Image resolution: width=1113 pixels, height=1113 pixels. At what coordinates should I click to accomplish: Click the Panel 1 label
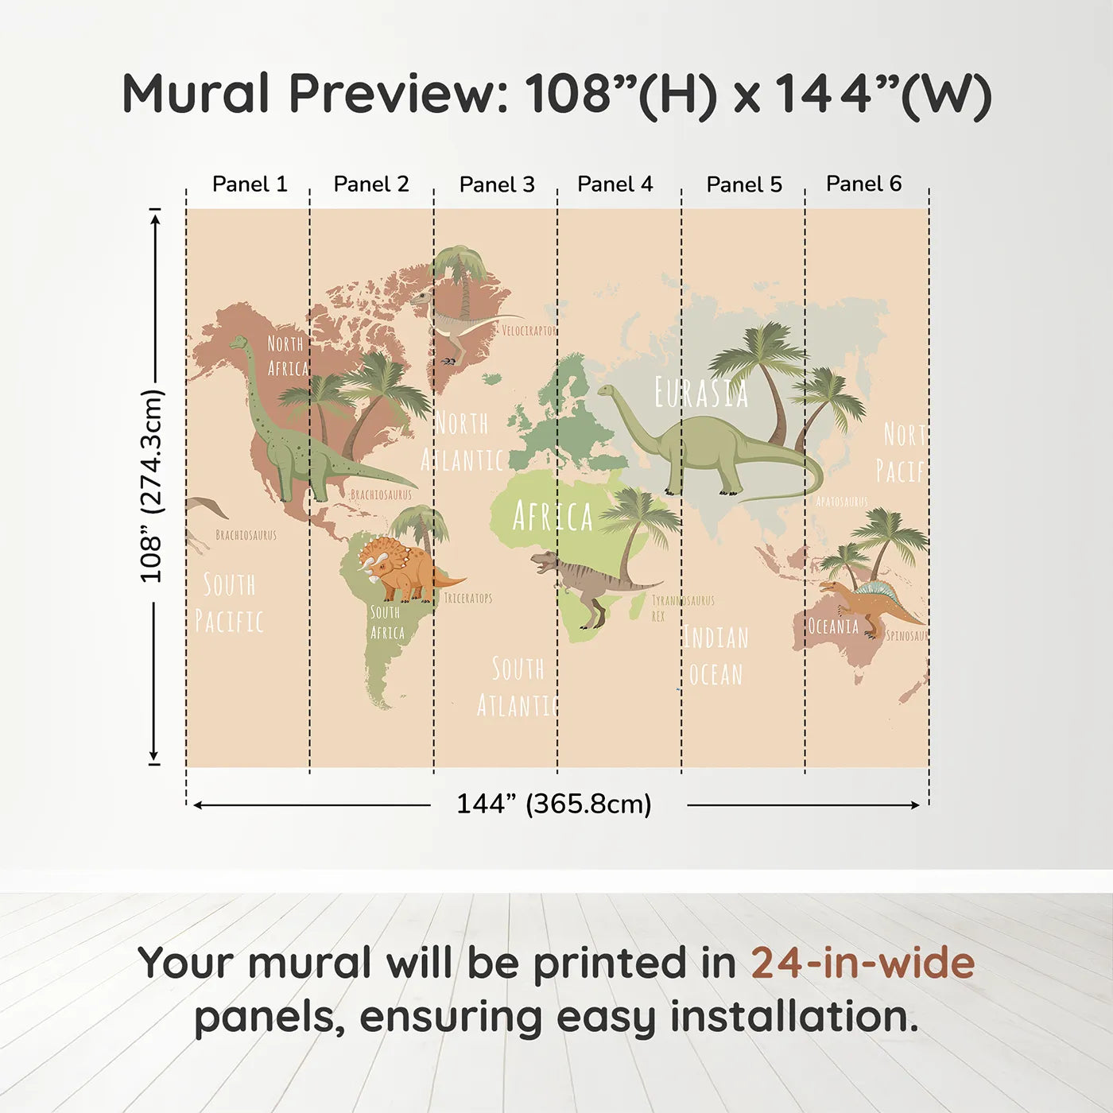tap(250, 184)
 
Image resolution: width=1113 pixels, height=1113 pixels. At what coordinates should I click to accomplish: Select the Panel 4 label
tap(615, 184)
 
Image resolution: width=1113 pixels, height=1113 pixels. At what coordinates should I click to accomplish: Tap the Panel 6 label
tap(863, 184)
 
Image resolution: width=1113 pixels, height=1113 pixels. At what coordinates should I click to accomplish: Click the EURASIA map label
tap(700, 393)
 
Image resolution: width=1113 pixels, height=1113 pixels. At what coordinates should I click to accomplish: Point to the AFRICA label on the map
tap(553, 517)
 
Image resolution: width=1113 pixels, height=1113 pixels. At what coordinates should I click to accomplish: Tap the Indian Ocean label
tap(716, 656)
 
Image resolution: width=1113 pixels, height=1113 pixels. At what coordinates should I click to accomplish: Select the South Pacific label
tap(229, 603)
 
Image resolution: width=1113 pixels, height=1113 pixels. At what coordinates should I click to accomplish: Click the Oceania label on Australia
tap(833, 626)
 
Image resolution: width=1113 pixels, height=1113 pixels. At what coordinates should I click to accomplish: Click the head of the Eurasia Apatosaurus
tap(607, 390)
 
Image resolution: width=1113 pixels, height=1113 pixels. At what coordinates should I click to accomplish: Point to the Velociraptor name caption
tap(529, 331)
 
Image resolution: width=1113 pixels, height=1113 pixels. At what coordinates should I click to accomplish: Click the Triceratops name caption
tap(467, 598)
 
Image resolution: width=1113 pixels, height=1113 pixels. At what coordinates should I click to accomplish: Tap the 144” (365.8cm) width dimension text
tap(553, 805)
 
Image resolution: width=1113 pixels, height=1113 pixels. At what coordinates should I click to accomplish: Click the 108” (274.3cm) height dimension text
tap(151, 486)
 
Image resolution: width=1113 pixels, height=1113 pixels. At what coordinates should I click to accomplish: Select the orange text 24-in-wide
tap(863, 964)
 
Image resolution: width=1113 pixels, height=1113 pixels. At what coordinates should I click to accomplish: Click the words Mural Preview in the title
tap(315, 94)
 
